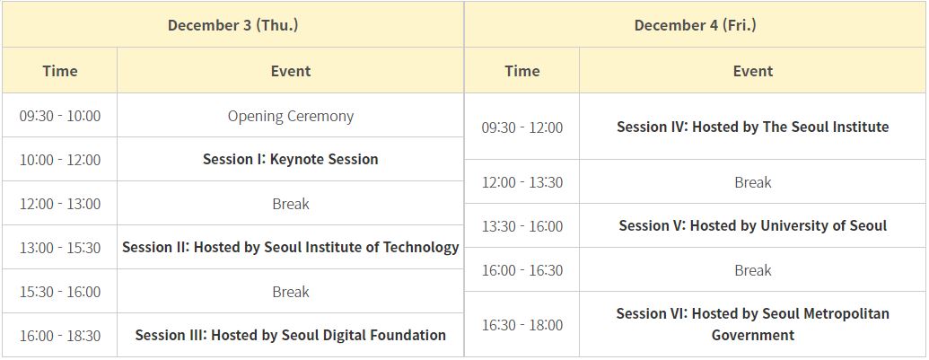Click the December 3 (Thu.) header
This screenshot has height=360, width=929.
coord(232,25)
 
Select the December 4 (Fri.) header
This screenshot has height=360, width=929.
coord(695,25)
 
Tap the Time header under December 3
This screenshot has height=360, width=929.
coord(60,71)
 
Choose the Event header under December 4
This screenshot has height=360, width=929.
coord(753,71)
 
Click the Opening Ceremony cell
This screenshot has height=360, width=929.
coord(290,116)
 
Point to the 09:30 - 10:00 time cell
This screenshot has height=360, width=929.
coord(60,116)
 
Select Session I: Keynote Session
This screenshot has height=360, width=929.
coord(290,159)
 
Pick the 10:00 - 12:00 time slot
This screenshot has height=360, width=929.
coord(60,160)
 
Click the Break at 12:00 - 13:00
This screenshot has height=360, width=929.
coord(290,204)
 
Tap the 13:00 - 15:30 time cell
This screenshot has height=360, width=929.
coord(60,248)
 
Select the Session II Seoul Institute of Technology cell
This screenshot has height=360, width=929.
coord(290,248)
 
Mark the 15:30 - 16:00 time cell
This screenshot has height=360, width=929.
coord(60,292)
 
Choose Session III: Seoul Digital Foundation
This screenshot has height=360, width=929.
coord(290,335)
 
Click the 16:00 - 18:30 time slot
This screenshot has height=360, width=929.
coord(60,336)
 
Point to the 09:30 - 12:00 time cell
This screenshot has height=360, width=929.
coord(522,127)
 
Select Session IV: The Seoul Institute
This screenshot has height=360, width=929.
coord(753,127)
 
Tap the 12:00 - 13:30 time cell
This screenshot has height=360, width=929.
coord(522,181)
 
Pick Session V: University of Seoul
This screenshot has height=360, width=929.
coord(753,225)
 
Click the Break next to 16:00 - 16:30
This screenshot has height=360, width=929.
coord(753,270)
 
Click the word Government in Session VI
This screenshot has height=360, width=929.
coord(753,335)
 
